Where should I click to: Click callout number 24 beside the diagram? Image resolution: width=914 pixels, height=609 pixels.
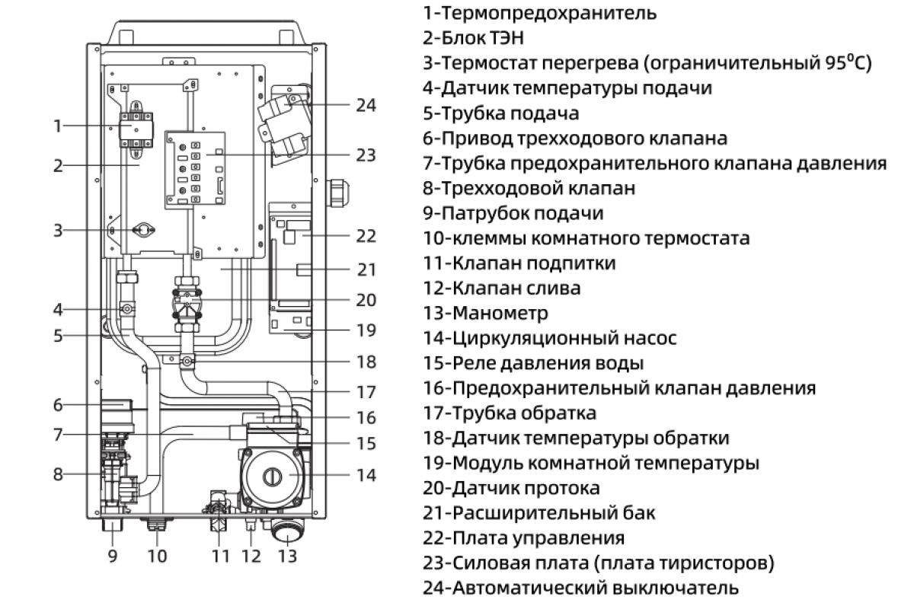click(366, 105)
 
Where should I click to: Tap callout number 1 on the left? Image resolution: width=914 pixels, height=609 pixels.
click(57, 126)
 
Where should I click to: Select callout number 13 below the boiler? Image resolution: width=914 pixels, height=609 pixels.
click(286, 556)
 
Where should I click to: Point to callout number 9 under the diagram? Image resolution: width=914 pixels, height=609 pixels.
click(113, 556)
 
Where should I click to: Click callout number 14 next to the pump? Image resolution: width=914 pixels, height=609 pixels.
click(366, 475)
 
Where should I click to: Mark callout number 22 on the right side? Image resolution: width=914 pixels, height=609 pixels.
click(366, 236)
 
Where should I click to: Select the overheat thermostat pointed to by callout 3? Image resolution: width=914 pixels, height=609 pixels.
click(142, 229)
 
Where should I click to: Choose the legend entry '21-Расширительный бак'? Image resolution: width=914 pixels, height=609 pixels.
click(538, 513)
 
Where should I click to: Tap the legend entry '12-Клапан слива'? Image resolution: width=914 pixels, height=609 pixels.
click(502, 288)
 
